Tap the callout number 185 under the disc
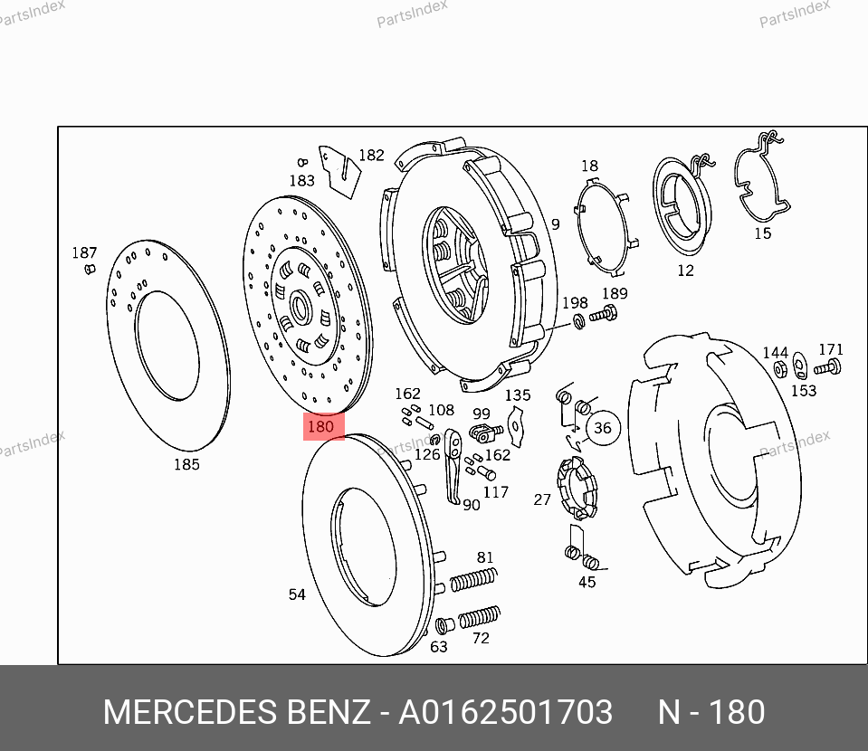point(186,464)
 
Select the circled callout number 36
point(602,428)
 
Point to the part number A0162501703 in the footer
point(505,712)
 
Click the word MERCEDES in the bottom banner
point(190,712)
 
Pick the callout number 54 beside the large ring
point(297,594)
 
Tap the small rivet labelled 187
point(90,270)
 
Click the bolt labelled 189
point(604,315)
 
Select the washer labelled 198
point(579,320)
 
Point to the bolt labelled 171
point(827,367)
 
